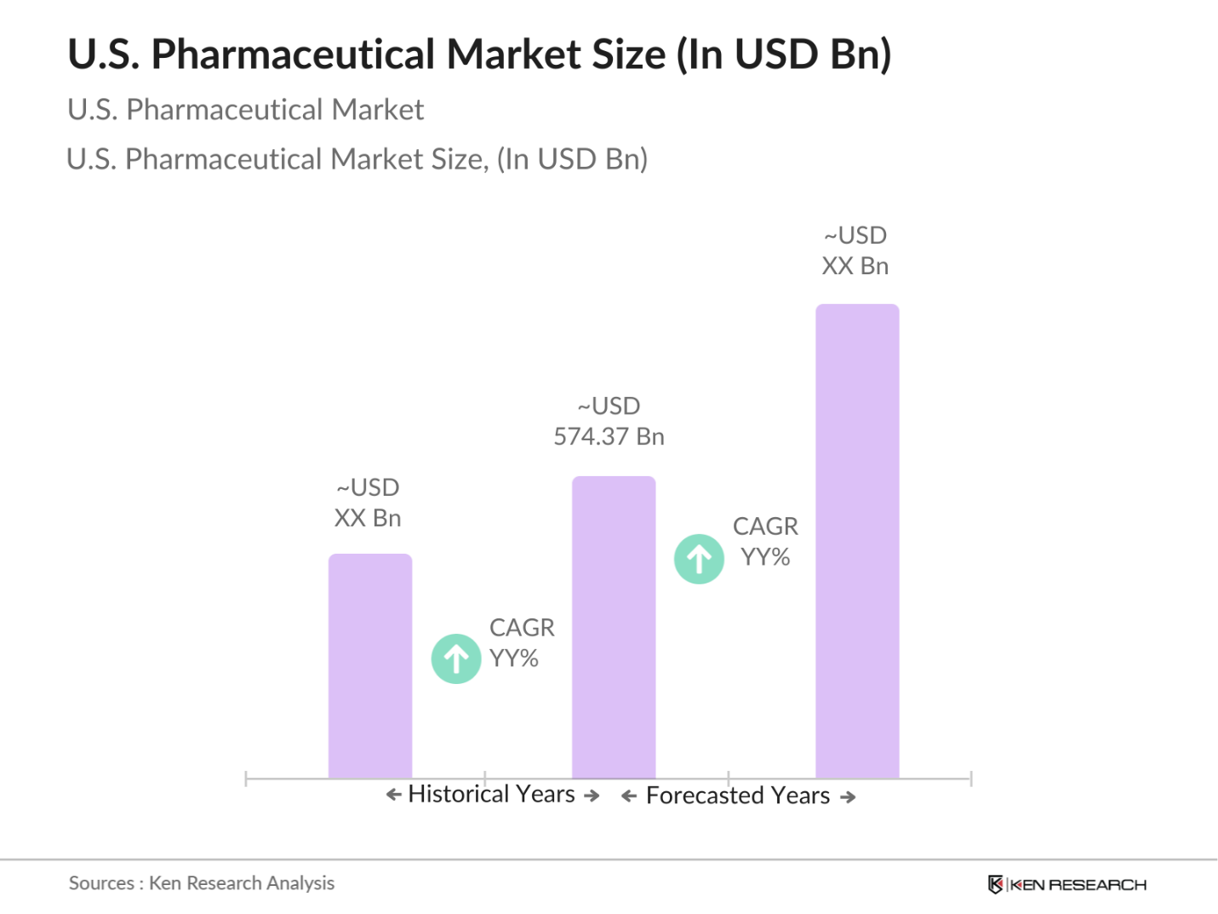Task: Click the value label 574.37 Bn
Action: (x=609, y=437)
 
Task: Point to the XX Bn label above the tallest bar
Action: (x=855, y=267)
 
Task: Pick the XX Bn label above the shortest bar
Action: (x=368, y=518)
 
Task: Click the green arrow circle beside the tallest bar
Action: (x=699, y=559)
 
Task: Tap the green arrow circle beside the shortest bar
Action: (x=456, y=658)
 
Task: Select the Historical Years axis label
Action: (x=491, y=794)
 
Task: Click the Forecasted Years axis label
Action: (x=737, y=796)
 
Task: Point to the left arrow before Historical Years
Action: (x=393, y=795)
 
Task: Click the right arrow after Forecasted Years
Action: (x=848, y=797)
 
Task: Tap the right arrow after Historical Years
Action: (x=592, y=796)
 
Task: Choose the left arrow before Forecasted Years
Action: (x=629, y=796)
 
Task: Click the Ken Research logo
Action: (x=1066, y=884)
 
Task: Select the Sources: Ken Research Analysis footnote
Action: (x=202, y=883)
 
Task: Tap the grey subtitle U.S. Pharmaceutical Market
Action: (x=245, y=110)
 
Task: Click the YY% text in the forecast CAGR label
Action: (x=765, y=557)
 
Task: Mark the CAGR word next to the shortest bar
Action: (x=522, y=628)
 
